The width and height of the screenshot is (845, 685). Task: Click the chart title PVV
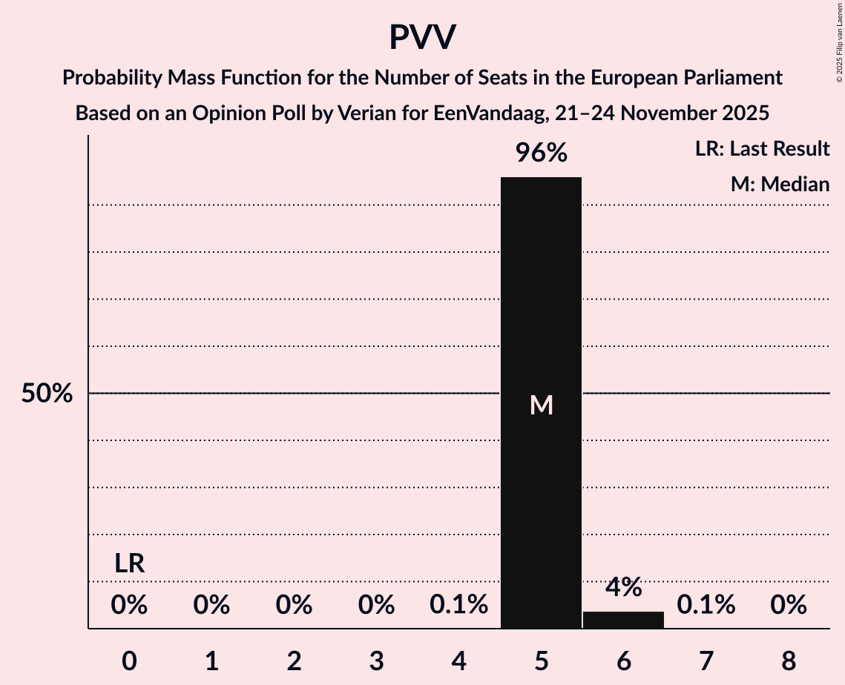(x=422, y=37)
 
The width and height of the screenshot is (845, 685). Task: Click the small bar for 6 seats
(x=623, y=620)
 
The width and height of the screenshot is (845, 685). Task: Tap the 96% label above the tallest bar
(x=542, y=153)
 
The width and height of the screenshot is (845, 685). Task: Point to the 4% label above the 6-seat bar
(x=623, y=587)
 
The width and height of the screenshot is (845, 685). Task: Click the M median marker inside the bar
(x=542, y=405)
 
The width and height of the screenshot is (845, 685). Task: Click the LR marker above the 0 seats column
(x=129, y=563)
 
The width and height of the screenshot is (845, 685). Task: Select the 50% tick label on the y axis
(x=47, y=394)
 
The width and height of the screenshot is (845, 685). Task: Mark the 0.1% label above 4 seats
(x=458, y=605)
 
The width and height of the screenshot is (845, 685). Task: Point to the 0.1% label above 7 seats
(x=706, y=605)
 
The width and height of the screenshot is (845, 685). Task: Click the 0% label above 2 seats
(x=294, y=605)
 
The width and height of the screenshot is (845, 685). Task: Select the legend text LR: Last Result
(x=762, y=149)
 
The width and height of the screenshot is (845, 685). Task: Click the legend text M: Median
(x=780, y=184)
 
